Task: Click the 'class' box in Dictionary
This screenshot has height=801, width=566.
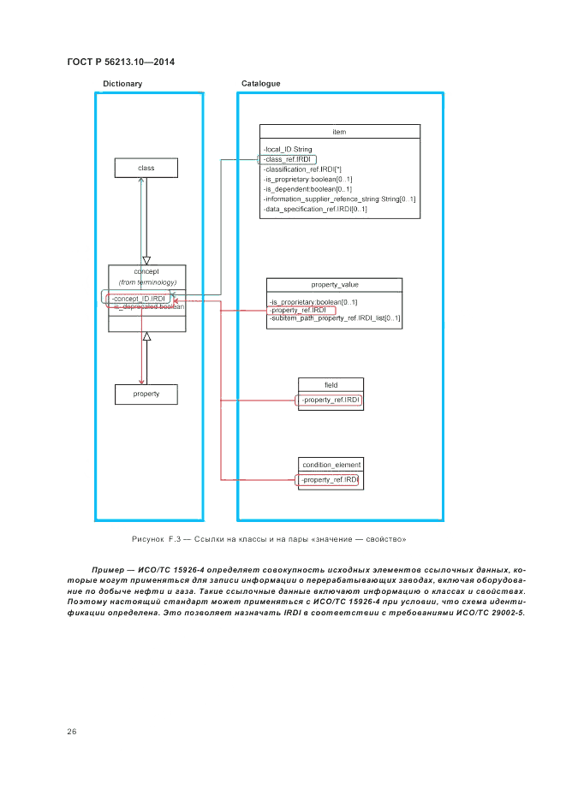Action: pyautogui.click(x=146, y=168)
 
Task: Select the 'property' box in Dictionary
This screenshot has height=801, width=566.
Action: pyautogui.click(x=146, y=394)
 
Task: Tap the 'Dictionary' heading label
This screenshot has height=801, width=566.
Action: pyautogui.click(x=122, y=84)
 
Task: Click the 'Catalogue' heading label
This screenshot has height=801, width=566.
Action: pyautogui.click(x=260, y=84)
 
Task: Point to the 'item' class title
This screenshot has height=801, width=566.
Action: pyautogui.click(x=339, y=132)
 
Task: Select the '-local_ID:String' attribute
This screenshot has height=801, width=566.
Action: pyautogui.click(x=289, y=150)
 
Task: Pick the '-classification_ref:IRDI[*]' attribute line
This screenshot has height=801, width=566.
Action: pyautogui.click(x=302, y=169)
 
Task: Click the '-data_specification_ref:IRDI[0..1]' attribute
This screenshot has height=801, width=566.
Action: pyautogui.click(x=315, y=208)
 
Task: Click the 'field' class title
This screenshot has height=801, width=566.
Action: pyautogui.click(x=331, y=384)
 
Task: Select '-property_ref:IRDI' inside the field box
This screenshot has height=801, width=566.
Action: pyautogui.click(x=331, y=400)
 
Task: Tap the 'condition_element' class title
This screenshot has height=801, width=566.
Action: pyautogui.click(x=331, y=465)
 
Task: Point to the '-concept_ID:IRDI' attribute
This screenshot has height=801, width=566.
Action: pyautogui.click(x=139, y=298)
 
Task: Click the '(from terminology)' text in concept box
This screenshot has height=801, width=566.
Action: pyautogui.click(x=147, y=282)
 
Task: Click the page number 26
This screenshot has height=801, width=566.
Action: pyautogui.click(x=72, y=731)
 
